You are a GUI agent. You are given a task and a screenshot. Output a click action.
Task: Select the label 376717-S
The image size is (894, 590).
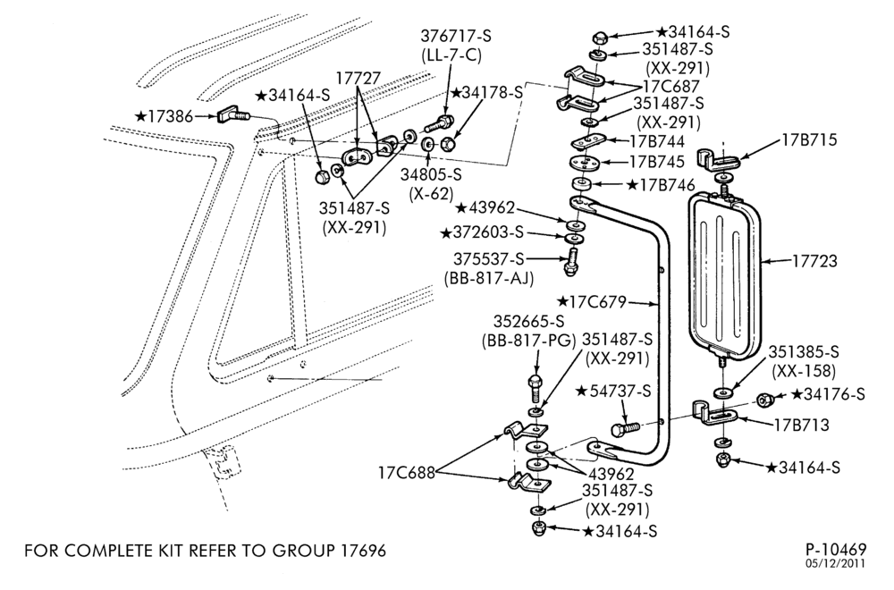[x=456, y=36]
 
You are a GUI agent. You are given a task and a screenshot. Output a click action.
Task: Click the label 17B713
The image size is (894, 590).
[x=802, y=426]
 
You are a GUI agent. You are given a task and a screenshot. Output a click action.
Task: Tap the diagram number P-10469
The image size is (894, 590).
[x=836, y=550]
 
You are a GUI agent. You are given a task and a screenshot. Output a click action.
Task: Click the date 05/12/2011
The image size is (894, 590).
[x=836, y=563]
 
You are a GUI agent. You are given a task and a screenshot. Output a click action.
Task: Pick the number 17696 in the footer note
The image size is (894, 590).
[x=363, y=551]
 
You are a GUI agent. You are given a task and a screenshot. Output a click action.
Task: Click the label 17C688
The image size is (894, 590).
[x=407, y=473]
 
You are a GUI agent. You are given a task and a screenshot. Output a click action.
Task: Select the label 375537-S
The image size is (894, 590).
[x=489, y=259]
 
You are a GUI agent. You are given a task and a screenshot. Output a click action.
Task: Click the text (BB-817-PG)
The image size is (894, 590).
[x=527, y=341]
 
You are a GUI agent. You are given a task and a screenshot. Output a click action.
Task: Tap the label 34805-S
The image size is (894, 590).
[x=431, y=176]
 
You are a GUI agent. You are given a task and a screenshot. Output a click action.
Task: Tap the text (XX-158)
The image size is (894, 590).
[x=804, y=372]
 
